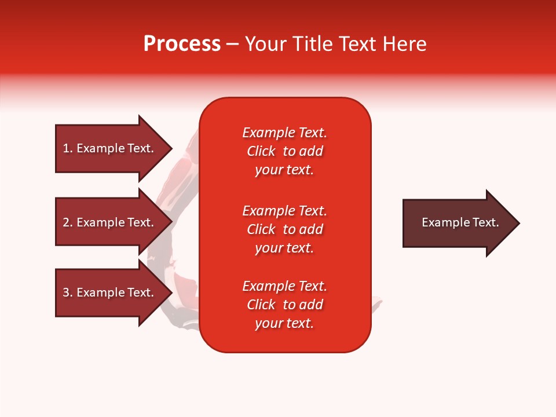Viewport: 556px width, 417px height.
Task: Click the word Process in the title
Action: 182,44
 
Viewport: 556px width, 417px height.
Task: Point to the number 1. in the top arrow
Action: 68,148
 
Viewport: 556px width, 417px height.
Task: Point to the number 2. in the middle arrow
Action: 68,222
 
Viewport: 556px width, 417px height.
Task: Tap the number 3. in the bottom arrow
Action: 68,292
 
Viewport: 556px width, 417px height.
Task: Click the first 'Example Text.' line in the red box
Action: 284,133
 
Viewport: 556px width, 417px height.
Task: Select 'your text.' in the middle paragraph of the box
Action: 284,248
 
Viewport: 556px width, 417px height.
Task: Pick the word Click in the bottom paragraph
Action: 261,305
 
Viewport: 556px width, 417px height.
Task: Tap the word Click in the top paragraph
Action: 261,151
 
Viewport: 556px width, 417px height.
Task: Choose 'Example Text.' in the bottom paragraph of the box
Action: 284,286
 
